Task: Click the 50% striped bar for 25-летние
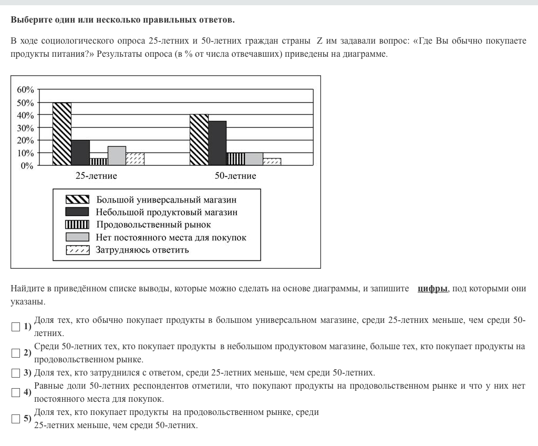tap(62, 134)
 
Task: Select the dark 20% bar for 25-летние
tap(80, 153)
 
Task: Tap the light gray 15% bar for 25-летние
tap(117, 156)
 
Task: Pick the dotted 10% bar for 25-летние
tap(135, 159)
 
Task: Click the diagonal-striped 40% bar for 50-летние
tap(199, 140)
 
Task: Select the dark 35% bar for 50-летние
tap(218, 143)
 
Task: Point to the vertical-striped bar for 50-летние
tap(235, 159)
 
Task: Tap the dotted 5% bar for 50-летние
tap(272, 162)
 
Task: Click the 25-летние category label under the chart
tap(96, 176)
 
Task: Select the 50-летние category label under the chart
tap(235, 176)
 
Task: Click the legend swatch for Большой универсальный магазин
tap(77, 200)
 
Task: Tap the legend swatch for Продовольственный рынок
tap(77, 225)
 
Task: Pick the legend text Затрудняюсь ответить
tap(142, 250)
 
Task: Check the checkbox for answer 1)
tap(16, 327)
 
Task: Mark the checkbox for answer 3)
tap(16, 373)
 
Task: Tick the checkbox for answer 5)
tap(16, 419)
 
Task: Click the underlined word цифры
tap(432, 289)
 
